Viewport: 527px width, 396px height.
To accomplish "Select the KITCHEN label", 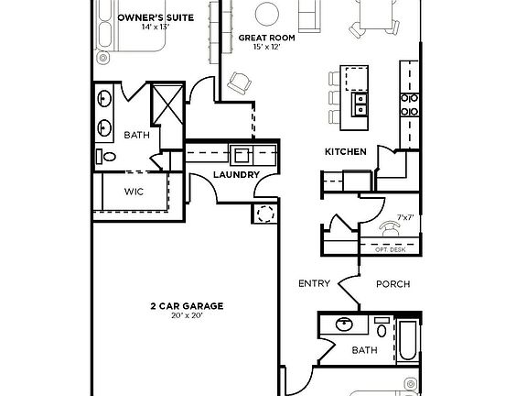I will click(x=346, y=151).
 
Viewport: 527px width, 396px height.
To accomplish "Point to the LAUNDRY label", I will click(x=236, y=175).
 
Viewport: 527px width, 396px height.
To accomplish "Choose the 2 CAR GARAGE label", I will click(x=187, y=306).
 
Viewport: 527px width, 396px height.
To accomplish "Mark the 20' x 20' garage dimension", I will click(x=187, y=316).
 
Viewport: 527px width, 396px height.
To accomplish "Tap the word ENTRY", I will click(x=314, y=284).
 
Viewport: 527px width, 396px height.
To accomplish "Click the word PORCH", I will click(x=393, y=284).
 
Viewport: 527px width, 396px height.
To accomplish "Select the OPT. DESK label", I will click(x=390, y=248).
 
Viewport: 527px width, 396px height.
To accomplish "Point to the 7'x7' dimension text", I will click(x=403, y=218).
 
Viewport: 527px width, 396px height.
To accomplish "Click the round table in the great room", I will click(x=266, y=12).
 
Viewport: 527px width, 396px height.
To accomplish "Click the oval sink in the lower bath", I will click(x=345, y=324).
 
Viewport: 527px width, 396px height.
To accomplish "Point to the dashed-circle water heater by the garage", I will click(x=266, y=214).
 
